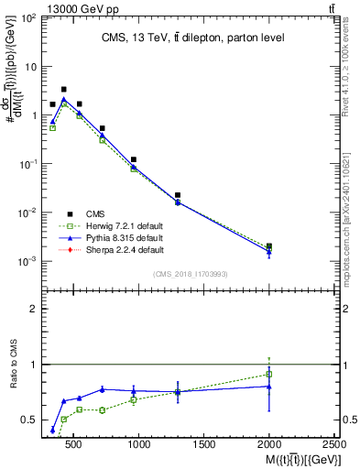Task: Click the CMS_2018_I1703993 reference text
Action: [190, 274]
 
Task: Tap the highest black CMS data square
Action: [63, 90]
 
